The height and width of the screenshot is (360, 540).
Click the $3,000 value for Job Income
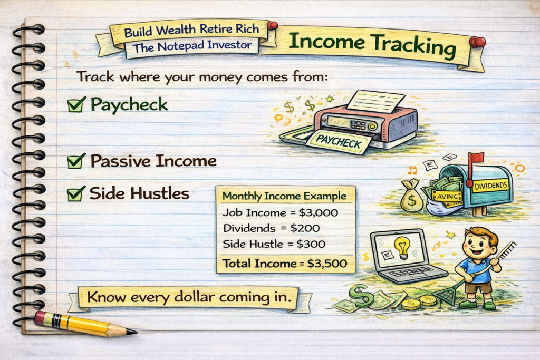[x=318, y=213]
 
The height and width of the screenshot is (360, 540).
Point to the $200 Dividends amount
[x=305, y=228]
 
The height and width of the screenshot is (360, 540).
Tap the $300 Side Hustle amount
[x=311, y=244]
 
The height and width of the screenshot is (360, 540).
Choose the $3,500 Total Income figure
[x=327, y=264]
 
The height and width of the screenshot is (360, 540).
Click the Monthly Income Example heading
[x=284, y=196]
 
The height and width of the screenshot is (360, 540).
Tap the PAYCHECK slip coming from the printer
[x=338, y=141]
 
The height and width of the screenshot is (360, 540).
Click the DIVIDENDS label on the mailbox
[x=491, y=186]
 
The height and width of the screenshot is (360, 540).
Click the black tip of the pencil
[x=132, y=332]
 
